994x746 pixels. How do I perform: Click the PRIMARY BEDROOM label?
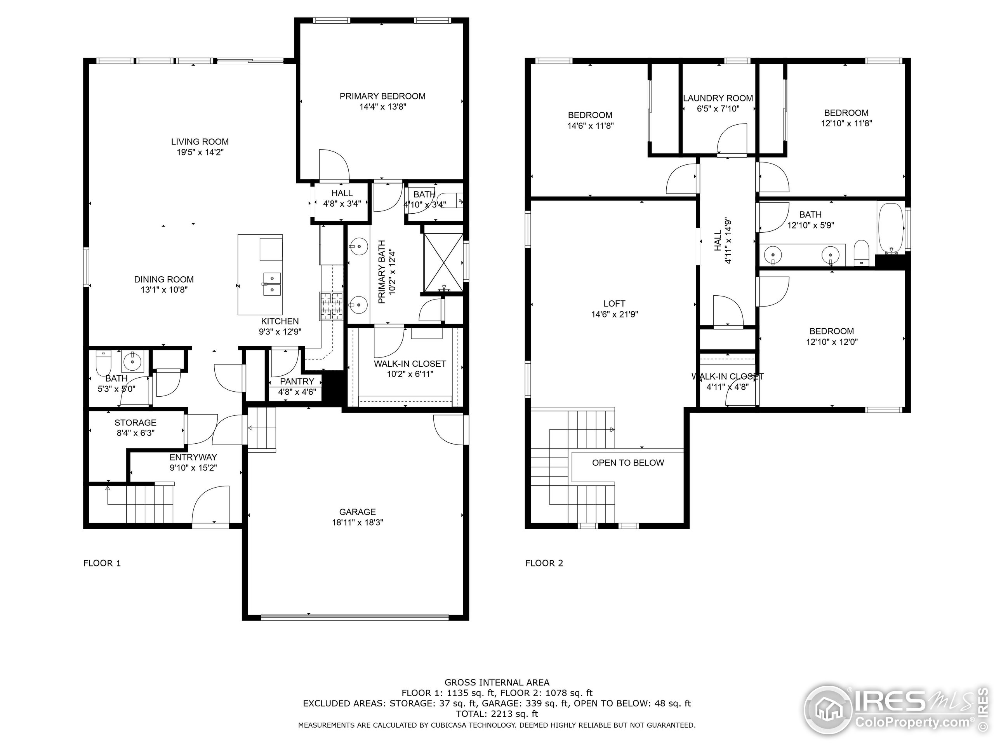[382, 96]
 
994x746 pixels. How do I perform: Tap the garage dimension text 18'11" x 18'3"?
[357, 523]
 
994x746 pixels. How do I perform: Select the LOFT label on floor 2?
[614, 303]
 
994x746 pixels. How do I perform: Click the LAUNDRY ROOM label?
[718, 98]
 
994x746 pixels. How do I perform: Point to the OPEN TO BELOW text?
[628, 463]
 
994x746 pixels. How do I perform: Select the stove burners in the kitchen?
[331, 306]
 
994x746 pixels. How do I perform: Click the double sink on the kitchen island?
[272, 284]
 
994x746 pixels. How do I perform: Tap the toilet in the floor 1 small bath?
[103, 363]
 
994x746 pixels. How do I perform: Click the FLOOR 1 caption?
[102, 563]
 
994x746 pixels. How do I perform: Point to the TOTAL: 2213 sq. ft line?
[497, 714]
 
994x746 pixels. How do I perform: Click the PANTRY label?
[297, 381]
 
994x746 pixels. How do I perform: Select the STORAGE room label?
[135, 423]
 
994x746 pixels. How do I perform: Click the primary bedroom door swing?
[334, 165]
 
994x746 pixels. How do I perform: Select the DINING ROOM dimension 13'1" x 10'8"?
[164, 290]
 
